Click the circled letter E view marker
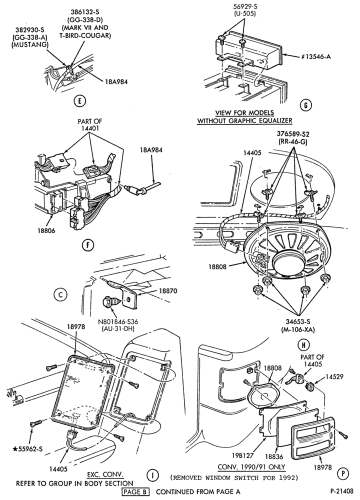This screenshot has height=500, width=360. [x=79, y=101]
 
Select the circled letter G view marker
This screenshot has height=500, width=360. [x=306, y=105]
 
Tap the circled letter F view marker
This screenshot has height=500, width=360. [x=87, y=245]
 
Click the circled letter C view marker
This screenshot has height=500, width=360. [x=60, y=294]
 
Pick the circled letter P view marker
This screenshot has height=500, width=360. [x=343, y=473]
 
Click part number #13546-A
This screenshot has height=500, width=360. [x=316, y=56]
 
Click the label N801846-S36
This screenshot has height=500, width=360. [x=117, y=321]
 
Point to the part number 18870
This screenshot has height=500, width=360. [x=168, y=291]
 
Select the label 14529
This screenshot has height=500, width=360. [x=334, y=376]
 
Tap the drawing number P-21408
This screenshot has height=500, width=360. [x=341, y=491]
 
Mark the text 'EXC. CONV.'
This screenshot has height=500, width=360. [x=105, y=475]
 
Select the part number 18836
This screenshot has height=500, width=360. [x=274, y=457]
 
